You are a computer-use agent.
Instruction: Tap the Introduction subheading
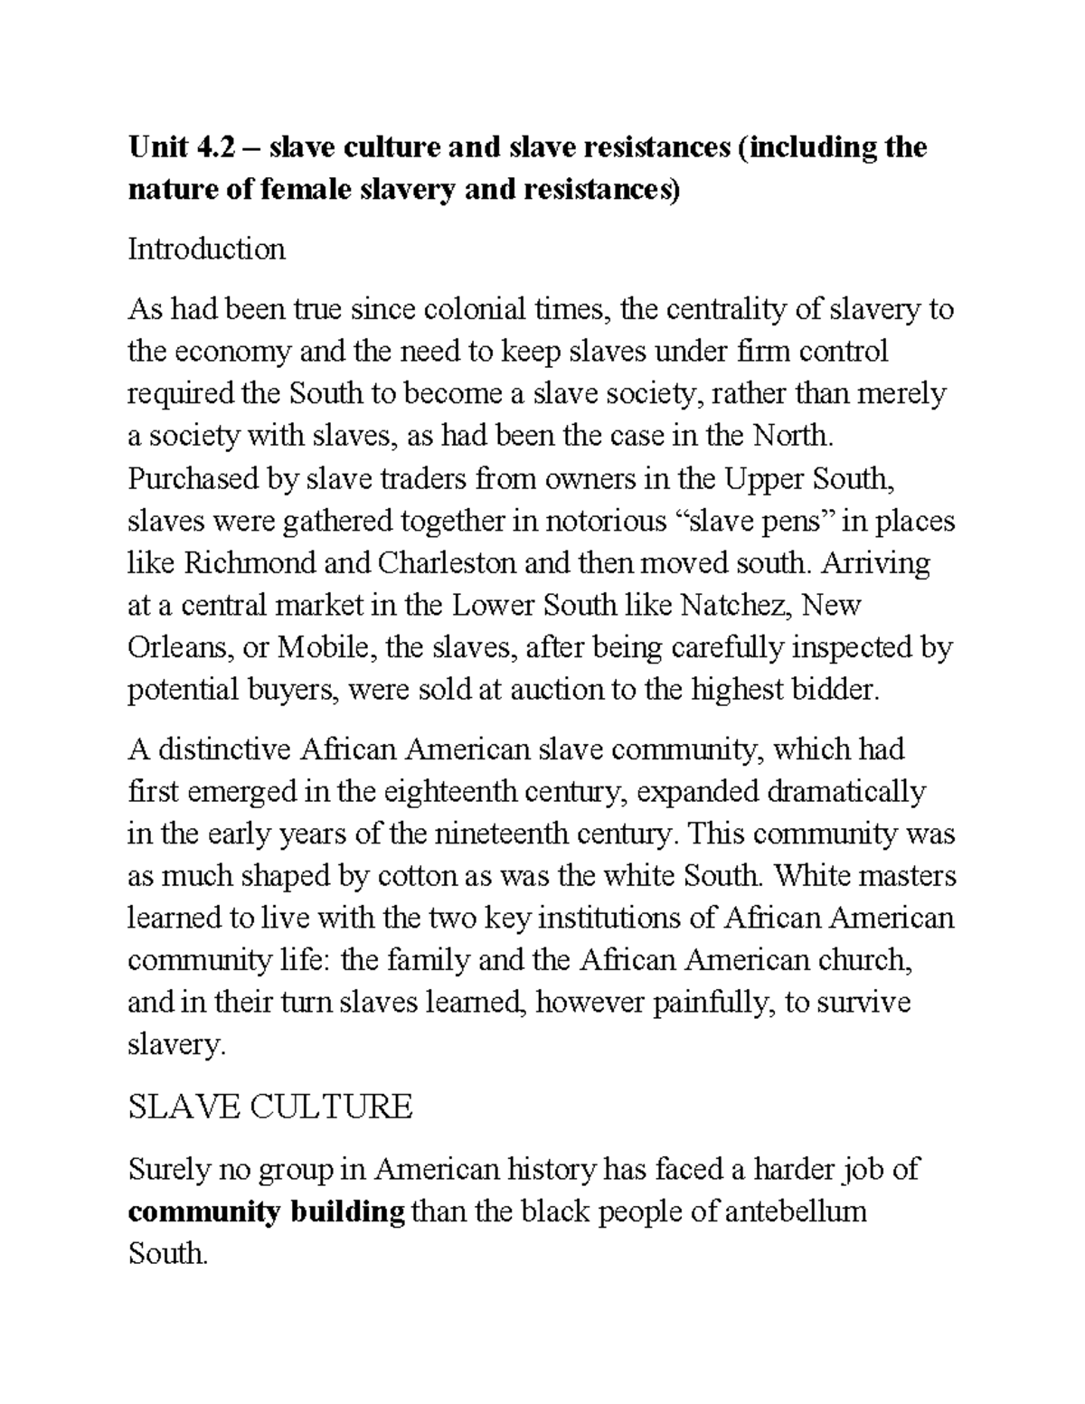coord(206,249)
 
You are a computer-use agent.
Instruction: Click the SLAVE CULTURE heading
coord(270,1107)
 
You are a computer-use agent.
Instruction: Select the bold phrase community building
coord(266,1212)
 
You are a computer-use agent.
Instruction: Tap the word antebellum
coord(796,1212)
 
